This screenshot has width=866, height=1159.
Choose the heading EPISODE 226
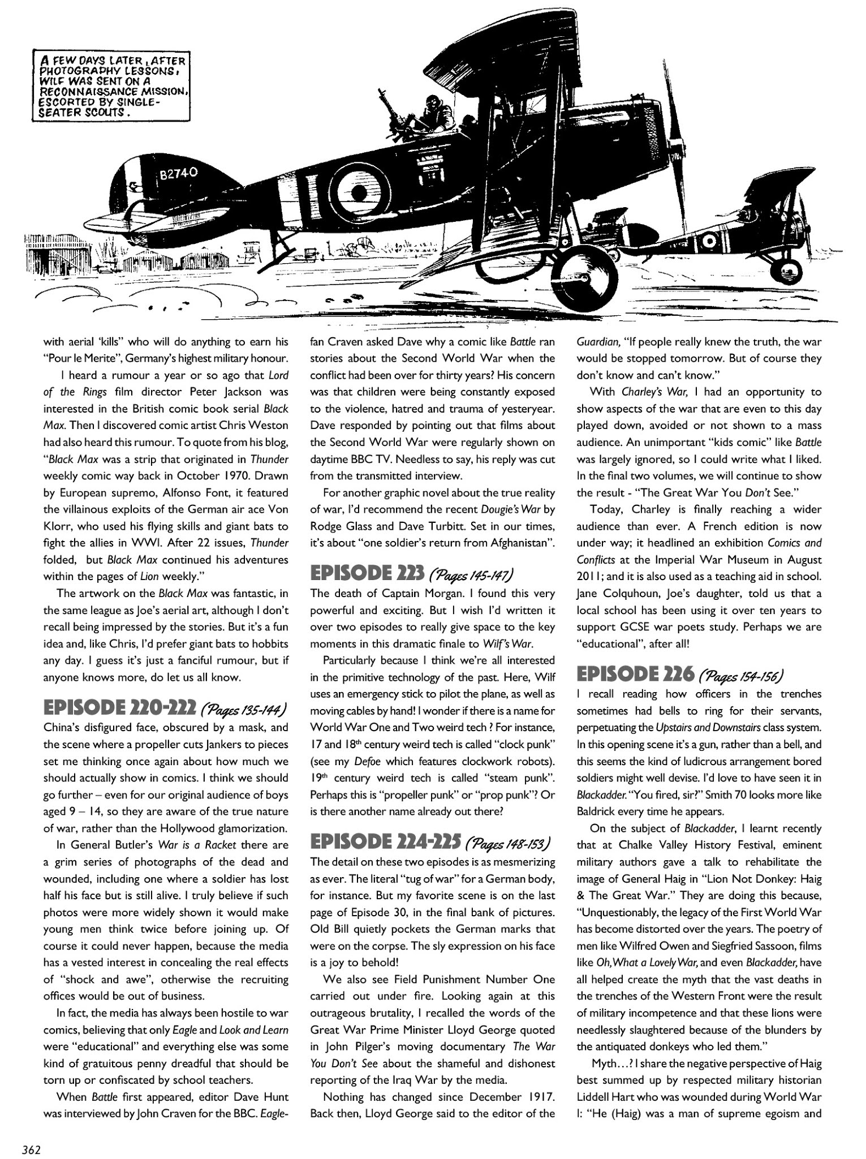(634, 674)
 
